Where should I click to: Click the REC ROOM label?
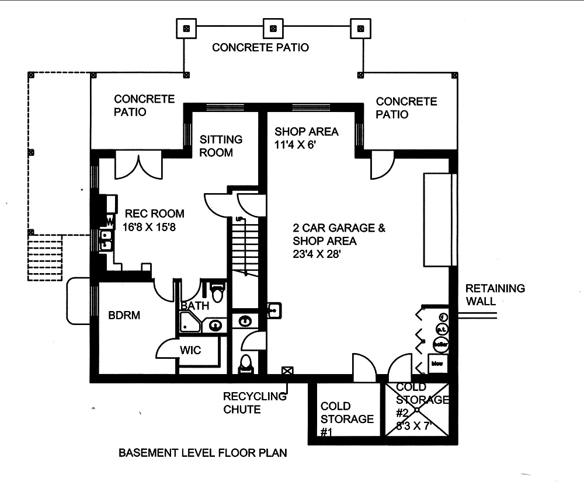pos(151,214)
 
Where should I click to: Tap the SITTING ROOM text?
pos(221,146)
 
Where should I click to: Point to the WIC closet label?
pos(190,351)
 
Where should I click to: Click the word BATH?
pos(194,306)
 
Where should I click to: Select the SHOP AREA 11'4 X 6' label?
pos(306,138)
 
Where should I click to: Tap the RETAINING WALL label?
pos(495,295)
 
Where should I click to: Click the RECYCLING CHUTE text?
pos(255,403)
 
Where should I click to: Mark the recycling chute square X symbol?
pos(287,371)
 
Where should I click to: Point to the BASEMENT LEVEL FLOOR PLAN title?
pos(203,452)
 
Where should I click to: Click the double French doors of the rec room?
pos(137,165)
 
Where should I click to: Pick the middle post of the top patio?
pos(272,27)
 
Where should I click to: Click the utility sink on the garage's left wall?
pos(275,310)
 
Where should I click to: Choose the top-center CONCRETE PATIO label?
pos(260,47)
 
